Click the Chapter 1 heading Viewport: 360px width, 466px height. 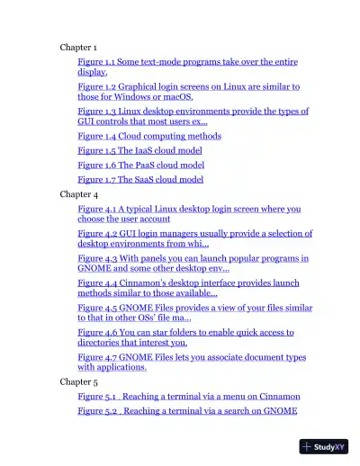click(78, 47)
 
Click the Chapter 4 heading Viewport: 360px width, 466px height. click(78, 194)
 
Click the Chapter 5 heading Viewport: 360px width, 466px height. click(78, 381)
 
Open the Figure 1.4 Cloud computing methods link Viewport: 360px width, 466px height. click(148, 137)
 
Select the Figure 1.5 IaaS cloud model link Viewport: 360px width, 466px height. click(139, 151)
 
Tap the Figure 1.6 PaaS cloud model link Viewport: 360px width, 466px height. click(140, 166)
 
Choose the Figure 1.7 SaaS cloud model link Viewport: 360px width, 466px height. click(140, 180)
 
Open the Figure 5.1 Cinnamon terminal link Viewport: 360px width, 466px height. click(188, 397)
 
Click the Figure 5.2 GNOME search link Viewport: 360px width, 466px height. click(186, 411)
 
